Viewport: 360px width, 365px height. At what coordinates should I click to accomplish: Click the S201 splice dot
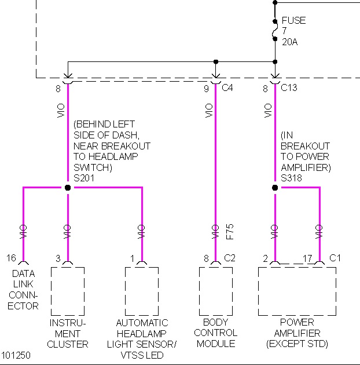pos(68,188)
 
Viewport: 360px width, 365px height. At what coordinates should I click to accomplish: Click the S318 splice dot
pos(275,188)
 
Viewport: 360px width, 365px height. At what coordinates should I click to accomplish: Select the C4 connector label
pos(228,89)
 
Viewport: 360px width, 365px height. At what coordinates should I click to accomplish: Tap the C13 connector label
pos(289,89)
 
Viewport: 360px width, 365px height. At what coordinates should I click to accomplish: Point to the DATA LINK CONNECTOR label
pos(23,290)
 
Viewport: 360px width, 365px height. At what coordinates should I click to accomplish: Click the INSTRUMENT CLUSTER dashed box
pos(68,291)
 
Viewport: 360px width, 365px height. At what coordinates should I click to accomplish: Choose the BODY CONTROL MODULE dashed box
pos(215,291)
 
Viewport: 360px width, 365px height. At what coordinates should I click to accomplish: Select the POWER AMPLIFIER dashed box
pos(297,291)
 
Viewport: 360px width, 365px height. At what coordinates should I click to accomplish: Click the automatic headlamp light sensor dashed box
pos(142,291)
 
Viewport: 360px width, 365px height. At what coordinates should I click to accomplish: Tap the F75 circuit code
pos(229,232)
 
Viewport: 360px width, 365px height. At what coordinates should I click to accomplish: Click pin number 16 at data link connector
pos(12,258)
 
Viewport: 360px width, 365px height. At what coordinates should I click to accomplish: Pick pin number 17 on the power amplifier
pos(307,258)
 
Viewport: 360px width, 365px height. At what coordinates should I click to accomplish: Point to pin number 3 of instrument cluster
pos(58,258)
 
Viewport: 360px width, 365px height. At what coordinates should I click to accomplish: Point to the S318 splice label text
pos(292,178)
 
